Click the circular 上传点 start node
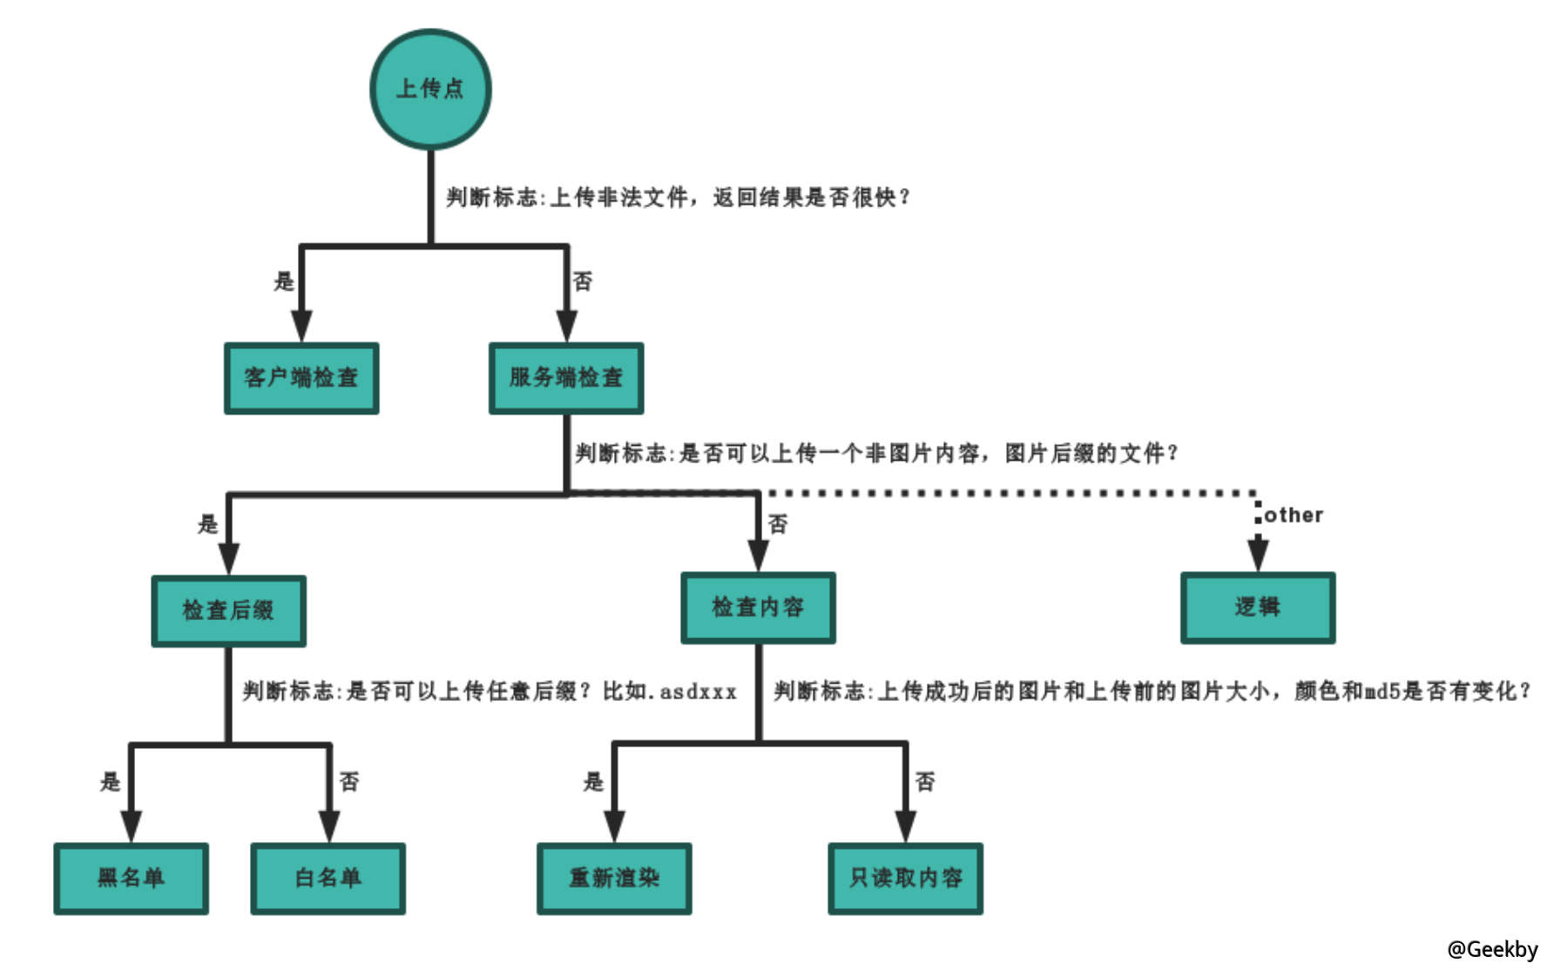(x=430, y=89)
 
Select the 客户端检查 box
(x=301, y=378)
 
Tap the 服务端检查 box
(x=566, y=378)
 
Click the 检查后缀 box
(x=228, y=610)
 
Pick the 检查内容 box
(x=758, y=608)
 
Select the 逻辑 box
(x=1257, y=608)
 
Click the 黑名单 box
(x=131, y=878)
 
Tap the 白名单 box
(x=328, y=878)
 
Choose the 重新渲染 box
(x=614, y=878)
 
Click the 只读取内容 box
(x=905, y=878)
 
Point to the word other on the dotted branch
(x=1294, y=515)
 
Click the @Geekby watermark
(x=1492, y=949)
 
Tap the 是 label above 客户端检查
(x=284, y=281)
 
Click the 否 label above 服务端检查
(x=582, y=281)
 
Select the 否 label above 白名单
(x=348, y=781)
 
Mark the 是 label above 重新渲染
(x=593, y=781)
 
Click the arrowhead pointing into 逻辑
(x=1257, y=555)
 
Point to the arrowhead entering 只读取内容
(x=905, y=825)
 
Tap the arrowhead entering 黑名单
(x=131, y=825)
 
